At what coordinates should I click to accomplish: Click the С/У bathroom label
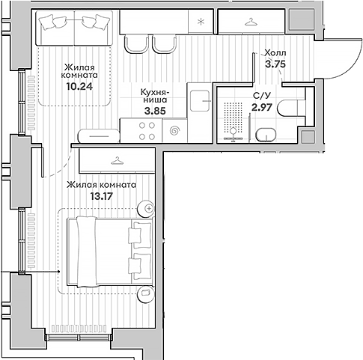pyautogui.click(x=262, y=96)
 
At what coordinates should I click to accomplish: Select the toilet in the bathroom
pyautogui.click(x=293, y=109)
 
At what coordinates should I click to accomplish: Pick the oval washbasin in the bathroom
pyautogui.click(x=266, y=135)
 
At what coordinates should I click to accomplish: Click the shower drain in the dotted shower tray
pyautogui.click(x=234, y=130)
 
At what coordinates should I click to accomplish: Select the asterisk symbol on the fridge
pyautogui.click(x=200, y=22)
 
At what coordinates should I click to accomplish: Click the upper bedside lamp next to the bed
pyautogui.click(x=150, y=207)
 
